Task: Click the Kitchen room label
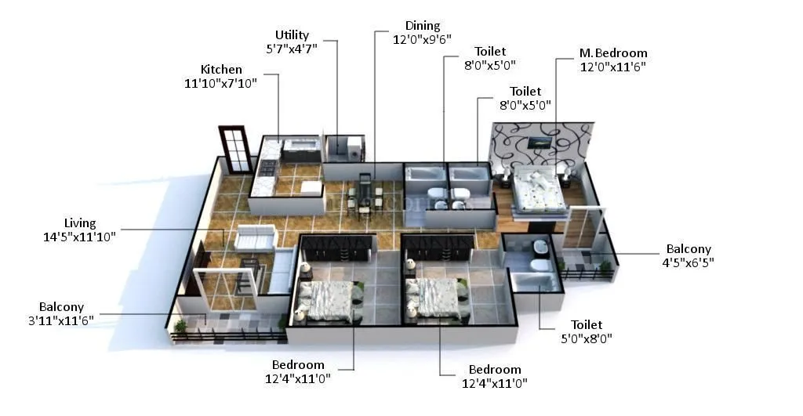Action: click(x=221, y=70)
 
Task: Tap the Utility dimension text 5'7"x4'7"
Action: click(x=292, y=49)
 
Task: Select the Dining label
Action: click(x=423, y=26)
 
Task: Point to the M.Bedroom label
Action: click(x=613, y=53)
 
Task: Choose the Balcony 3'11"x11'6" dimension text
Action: click(x=61, y=321)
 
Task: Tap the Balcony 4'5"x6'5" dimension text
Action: click(x=688, y=262)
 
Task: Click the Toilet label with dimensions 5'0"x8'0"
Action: click(x=586, y=338)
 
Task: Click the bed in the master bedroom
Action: click(x=539, y=189)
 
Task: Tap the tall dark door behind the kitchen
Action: click(x=234, y=150)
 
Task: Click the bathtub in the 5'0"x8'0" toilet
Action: click(x=536, y=278)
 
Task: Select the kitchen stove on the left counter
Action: click(x=267, y=167)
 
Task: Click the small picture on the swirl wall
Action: click(x=539, y=143)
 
